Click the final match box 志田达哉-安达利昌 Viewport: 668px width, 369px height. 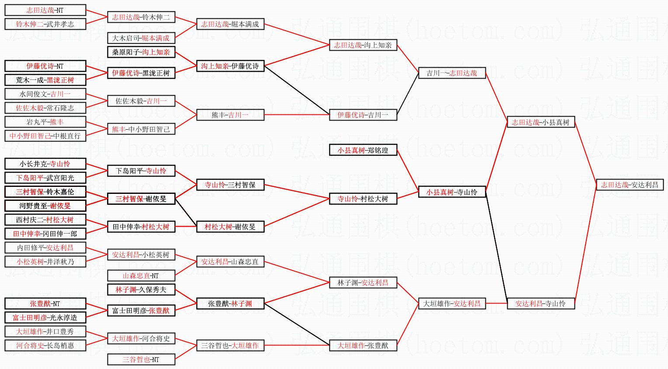tap(630, 185)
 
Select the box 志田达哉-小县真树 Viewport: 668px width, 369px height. tap(540, 122)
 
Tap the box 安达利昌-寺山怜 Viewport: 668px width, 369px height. tap(540, 303)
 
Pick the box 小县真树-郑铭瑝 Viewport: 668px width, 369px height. tap(363, 150)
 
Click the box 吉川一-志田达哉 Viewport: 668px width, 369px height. tap(452, 73)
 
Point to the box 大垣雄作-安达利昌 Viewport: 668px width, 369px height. tap(452, 303)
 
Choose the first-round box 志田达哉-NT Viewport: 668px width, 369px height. tap(45, 10)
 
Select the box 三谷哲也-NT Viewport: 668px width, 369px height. tap(141, 359)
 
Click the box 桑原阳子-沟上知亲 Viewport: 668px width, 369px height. tap(141, 52)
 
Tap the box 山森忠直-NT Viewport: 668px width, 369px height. tap(141, 276)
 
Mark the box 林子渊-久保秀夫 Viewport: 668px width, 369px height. tap(141, 290)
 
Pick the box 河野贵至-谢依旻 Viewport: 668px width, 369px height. tap(45, 206)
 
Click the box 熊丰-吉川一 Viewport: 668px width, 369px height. tap(230, 115)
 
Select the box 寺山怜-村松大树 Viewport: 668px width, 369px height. tap(363, 199)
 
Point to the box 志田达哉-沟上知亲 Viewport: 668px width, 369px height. tap(363, 45)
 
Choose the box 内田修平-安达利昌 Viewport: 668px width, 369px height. tap(45, 248)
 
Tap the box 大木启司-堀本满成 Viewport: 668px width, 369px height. tap(141, 38)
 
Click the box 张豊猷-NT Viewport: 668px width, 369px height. tap(45, 303)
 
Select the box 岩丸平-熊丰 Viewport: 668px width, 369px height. tap(45, 122)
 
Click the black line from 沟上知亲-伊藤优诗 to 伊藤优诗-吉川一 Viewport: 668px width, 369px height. tap(297, 90)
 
